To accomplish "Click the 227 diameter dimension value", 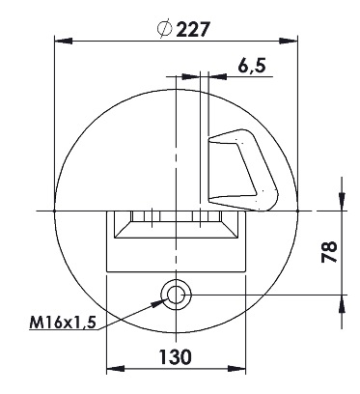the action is (193, 30).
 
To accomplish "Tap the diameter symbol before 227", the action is (164, 29).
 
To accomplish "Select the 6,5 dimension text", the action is (252, 66).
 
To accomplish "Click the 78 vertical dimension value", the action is (329, 252).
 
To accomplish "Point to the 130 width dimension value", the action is (176, 356).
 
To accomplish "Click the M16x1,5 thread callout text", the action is (63, 323).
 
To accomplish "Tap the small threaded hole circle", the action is (176, 295).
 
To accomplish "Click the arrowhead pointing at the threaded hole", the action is (159, 302).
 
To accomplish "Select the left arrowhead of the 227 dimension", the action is (64, 42).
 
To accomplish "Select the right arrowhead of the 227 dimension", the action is (289, 42).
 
